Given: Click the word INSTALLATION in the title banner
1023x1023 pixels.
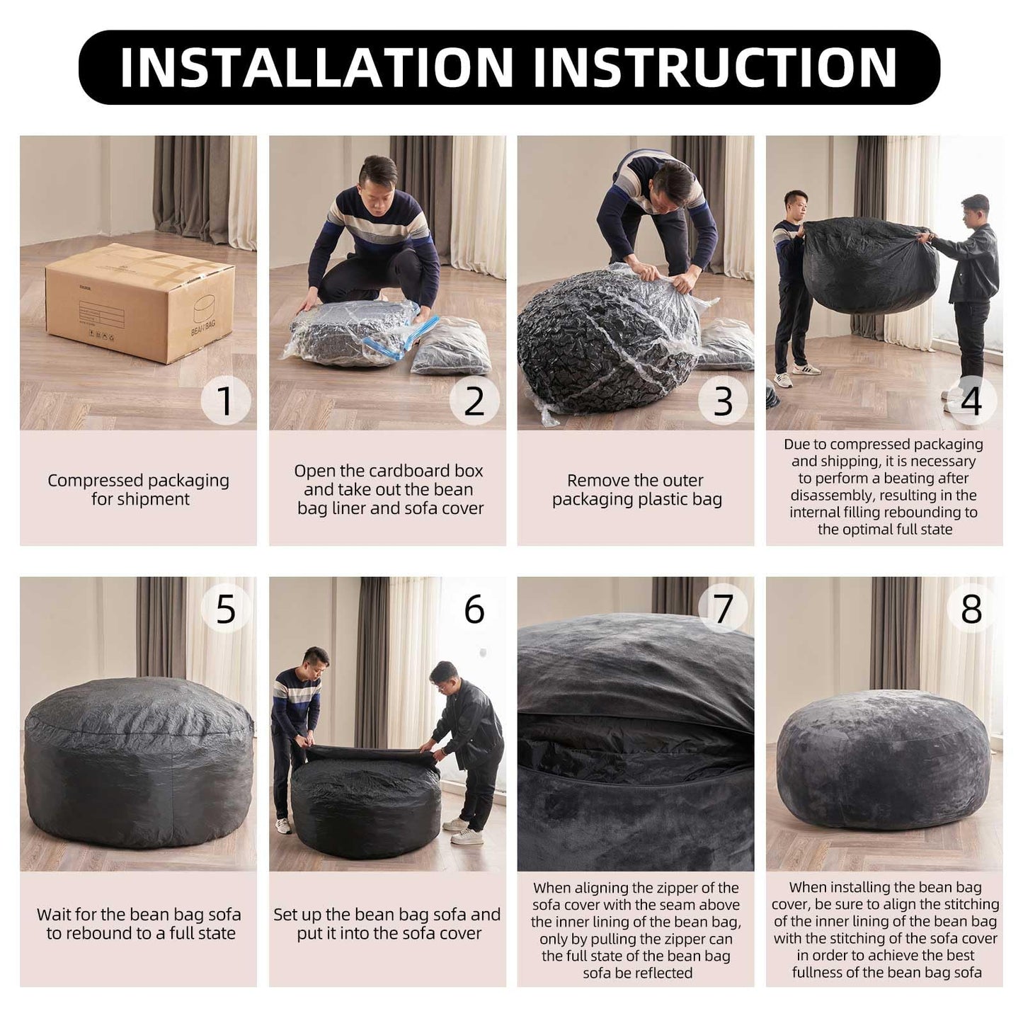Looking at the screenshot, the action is click(317, 67).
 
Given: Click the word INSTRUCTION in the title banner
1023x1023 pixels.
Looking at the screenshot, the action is click(715, 67).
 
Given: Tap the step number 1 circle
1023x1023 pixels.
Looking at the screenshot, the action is click(226, 401).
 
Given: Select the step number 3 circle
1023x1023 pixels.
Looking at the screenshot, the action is click(723, 401).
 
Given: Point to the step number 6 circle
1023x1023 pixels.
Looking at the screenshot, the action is click(474, 609).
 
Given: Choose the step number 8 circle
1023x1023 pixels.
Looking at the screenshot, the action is click(971, 609).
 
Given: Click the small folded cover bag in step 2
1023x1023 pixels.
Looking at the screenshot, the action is click(451, 347).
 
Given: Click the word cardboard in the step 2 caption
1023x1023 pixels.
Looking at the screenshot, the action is click(416, 471).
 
